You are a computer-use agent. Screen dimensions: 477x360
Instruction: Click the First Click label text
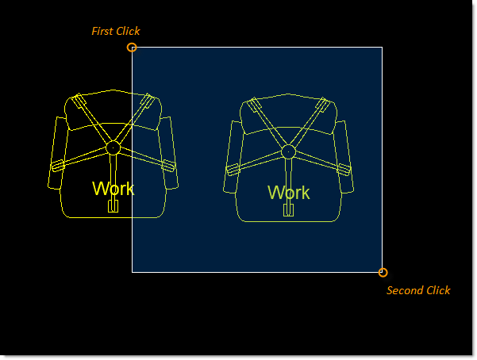click(x=116, y=31)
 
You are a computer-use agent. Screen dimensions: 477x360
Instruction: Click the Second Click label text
click(x=418, y=290)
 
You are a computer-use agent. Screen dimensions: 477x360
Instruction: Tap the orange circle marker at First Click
click(x=132, y=48)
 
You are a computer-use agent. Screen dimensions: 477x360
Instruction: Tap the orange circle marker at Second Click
click(x=383, y=273)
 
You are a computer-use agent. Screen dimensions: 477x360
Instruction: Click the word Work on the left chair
click(x=113, y=189)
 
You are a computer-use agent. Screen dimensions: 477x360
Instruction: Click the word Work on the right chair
click(x=289, y=193)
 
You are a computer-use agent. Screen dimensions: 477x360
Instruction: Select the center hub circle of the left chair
click(x=113, y=148)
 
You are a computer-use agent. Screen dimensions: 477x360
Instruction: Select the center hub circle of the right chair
click(x=288, y=151)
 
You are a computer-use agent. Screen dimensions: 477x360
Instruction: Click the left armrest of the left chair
click(x=56, y=153)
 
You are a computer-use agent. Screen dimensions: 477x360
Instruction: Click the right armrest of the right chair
click(x=344, y=156)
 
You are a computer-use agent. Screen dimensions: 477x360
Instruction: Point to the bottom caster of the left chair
click(x=113, y=206)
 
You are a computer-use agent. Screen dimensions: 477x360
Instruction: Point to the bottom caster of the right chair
click(x=288, y=210)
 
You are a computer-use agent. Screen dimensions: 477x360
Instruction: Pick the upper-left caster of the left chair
click(x=79, y=101)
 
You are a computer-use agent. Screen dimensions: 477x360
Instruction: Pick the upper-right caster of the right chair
click(x=323, y=105)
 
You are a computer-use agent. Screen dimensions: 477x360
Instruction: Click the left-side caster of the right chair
click(x=233, y=170)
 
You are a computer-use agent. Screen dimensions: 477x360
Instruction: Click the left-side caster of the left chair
click(x=57, y=166)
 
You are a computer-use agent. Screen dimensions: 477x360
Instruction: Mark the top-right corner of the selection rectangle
click(x=382, y=47)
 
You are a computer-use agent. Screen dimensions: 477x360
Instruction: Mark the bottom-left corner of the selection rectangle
click(x=132, y=272)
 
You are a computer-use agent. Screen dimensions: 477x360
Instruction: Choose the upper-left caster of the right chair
click(x=254, y=105)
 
